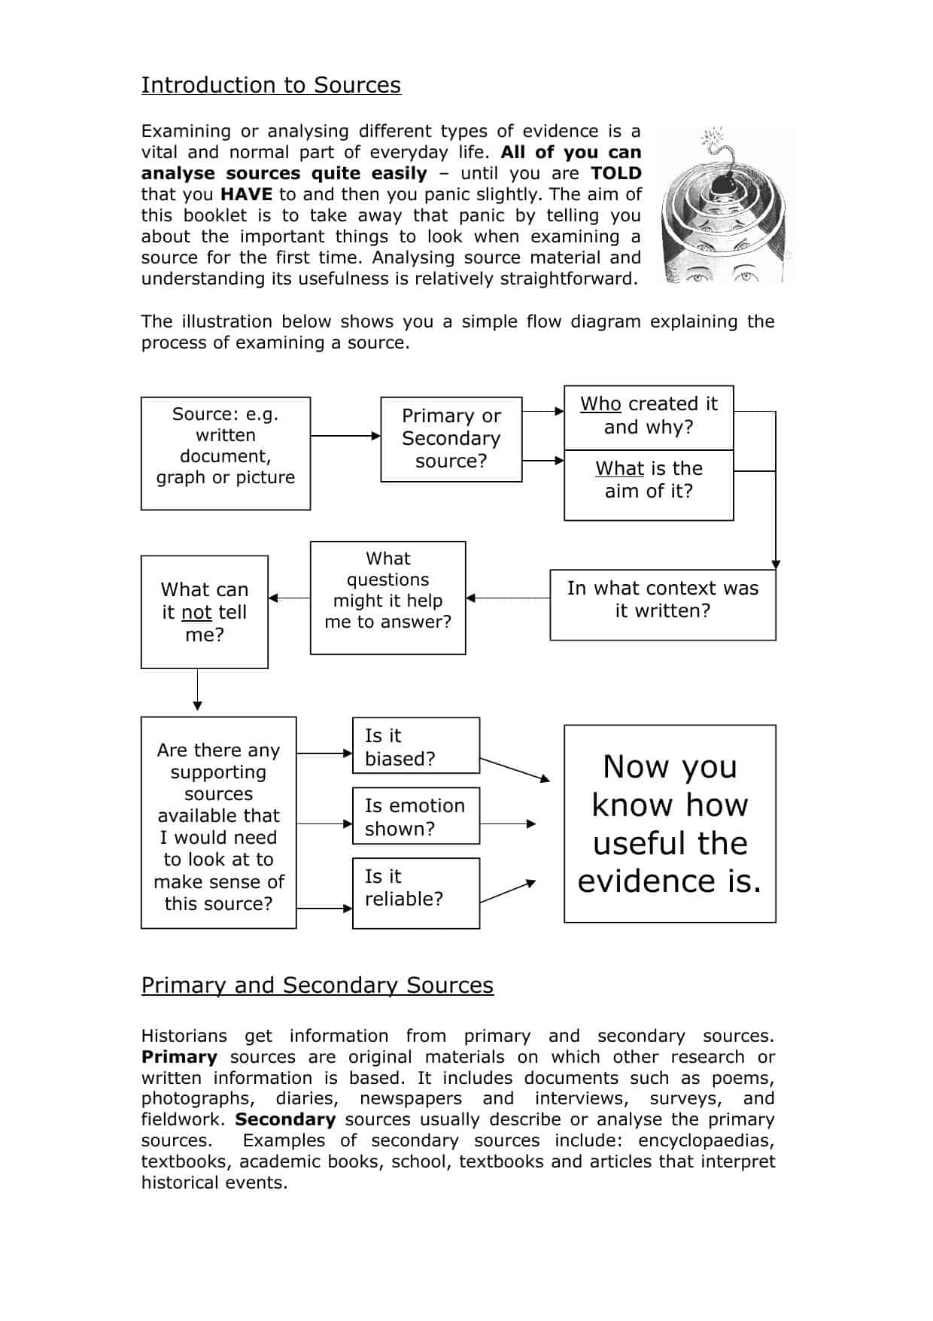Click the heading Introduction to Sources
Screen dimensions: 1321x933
point(271,85)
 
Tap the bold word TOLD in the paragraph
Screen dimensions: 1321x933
point(615,173)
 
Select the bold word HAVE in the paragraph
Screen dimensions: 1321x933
point(246,194)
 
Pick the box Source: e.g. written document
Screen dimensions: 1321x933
point(225,453)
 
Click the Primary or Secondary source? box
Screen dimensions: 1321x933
point(451,439)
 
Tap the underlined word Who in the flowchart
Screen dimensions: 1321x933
point(600,404)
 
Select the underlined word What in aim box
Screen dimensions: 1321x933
point(619,469)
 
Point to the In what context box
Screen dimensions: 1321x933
point(662,604)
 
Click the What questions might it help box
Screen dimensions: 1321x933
point(387,598)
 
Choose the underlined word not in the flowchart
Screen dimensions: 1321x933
point(196,613)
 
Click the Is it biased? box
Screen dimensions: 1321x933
point(415,745)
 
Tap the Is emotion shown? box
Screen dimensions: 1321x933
point(415,816)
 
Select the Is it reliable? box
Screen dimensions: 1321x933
point(415,893)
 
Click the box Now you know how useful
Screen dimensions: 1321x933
point(670,823)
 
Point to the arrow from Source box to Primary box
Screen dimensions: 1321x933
point(345,436)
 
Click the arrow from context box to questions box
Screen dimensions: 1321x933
point(508,598)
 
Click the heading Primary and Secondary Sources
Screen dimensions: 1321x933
point(317,985)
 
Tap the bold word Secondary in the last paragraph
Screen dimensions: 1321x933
point(285,1119)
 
